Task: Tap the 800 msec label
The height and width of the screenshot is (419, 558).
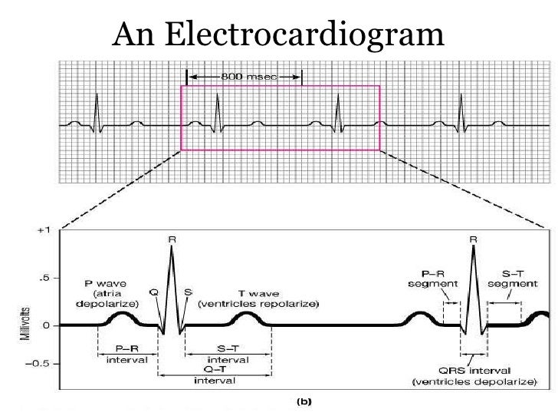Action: tap(245, 77)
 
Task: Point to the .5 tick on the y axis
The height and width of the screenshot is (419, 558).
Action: tap(46, 278)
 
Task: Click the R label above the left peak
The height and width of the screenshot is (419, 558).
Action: tap(171, 239)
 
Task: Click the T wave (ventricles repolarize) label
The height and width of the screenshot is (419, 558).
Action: tap(248, 299)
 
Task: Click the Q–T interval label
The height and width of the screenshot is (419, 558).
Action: tap(215, 376)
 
